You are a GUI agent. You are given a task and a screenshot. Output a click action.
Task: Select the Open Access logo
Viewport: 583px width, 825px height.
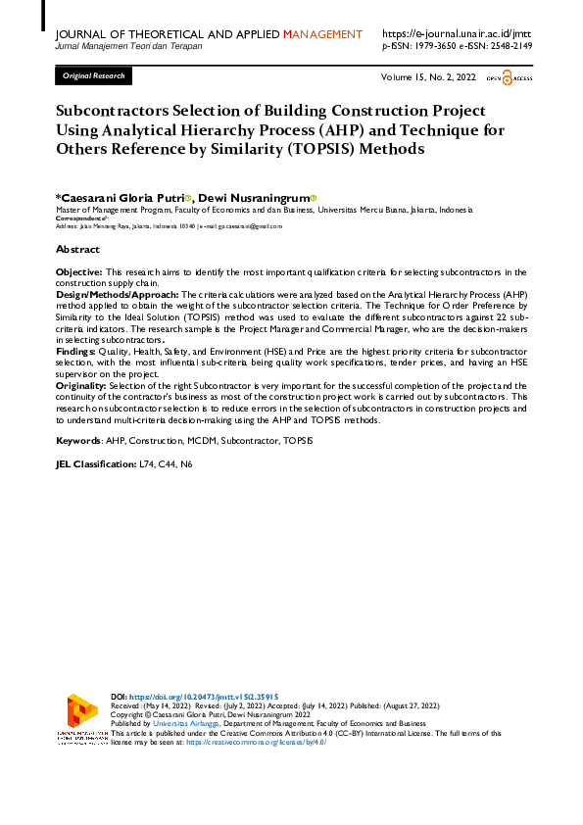pyautogui.click(x=508, y=75)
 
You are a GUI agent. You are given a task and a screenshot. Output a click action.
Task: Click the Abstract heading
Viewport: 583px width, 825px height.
pyautogui.click(x=77, y=250)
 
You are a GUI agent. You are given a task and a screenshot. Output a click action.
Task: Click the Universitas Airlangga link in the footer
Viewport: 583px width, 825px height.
pyautogui.click(x=187, y=723)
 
